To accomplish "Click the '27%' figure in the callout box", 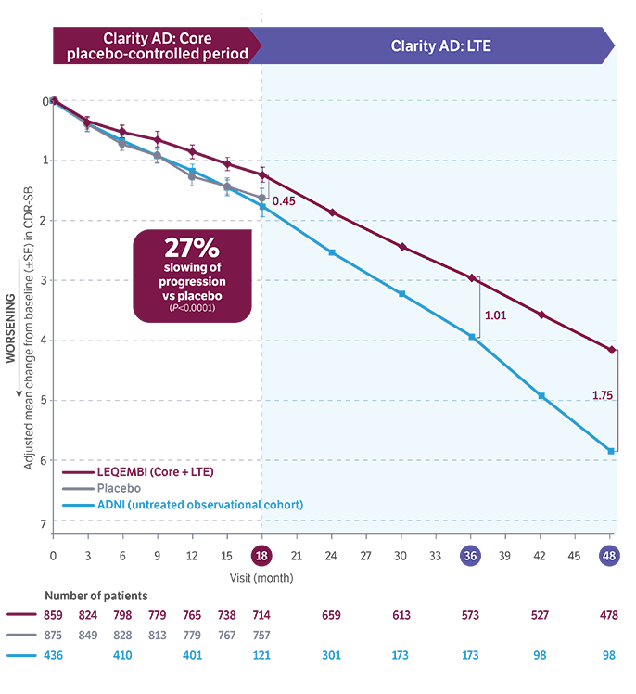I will coord(191,249).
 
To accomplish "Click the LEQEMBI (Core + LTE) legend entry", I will coord(155,470).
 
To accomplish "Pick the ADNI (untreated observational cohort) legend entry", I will coord(199,504).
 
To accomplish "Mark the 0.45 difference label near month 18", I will coord(284,201).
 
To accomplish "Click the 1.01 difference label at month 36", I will coord(494,315).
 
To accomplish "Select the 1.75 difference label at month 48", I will coord(603,394).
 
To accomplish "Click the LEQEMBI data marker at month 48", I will coord(610,350).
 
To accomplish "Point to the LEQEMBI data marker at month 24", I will coord(333,213).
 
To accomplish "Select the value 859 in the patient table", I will coord(54,614).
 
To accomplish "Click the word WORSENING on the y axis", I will coord(10,329).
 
